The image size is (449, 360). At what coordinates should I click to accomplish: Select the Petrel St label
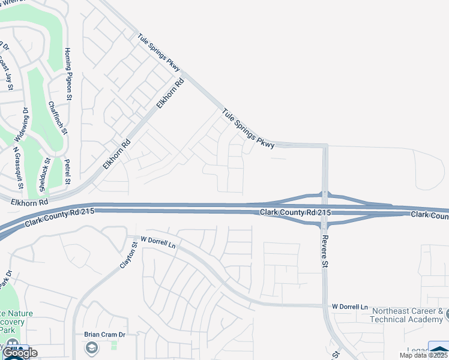[67, 172]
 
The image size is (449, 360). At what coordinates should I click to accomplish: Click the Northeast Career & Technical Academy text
[408, 316]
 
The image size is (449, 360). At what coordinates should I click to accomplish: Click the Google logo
[19, 353]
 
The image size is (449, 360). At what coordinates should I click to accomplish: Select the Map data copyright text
[424, 355]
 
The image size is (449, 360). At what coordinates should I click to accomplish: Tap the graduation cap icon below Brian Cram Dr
[91, 347]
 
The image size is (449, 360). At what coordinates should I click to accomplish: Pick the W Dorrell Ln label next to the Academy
[349, 307]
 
